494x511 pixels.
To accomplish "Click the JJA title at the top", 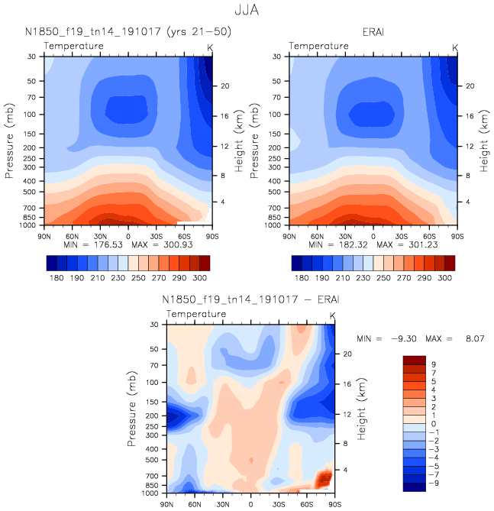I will click(247, 11).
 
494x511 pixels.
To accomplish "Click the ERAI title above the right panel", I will click(373, 31).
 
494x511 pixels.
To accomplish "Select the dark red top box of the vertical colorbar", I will click(415, 359).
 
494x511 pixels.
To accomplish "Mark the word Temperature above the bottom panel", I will click(196, 314).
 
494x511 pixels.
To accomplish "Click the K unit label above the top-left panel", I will click(210, 47).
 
